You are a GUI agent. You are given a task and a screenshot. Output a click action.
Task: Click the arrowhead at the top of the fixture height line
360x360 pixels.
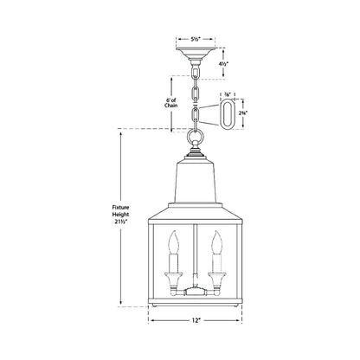click(x=119, y=132)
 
